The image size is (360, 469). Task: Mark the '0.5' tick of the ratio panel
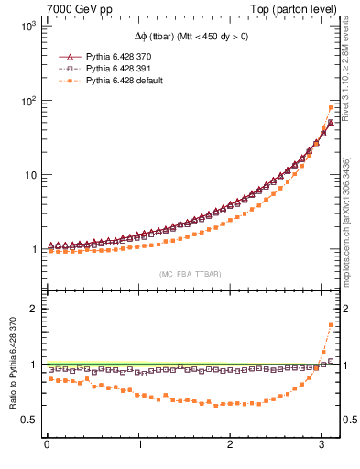(x=27, y=420)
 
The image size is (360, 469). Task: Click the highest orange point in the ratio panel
(x=331, y=325)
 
